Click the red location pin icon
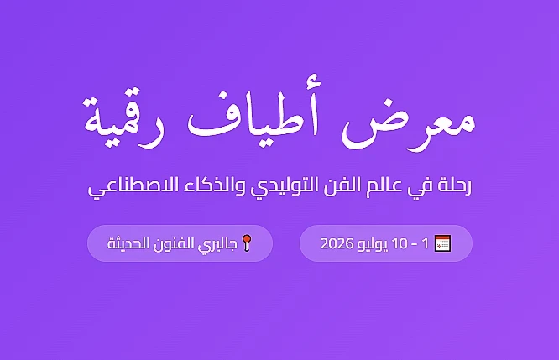(247, 243)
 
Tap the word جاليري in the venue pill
(220, 244)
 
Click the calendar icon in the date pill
(443, 243)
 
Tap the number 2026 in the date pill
(337, 244)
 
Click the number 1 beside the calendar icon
(426, 244)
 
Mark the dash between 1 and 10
(415, 244)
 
